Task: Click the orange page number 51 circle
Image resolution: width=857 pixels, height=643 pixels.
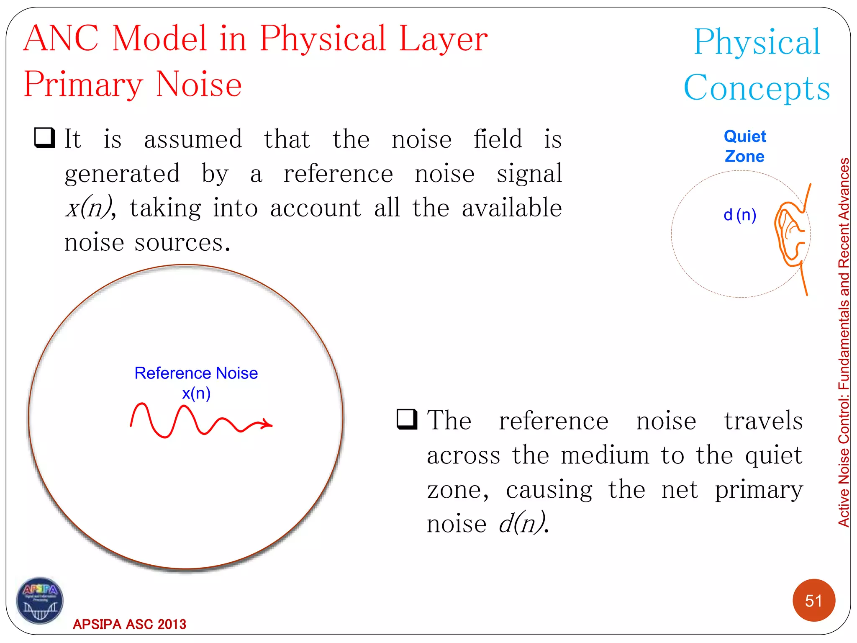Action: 813,600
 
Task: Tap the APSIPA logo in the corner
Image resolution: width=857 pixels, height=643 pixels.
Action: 40,601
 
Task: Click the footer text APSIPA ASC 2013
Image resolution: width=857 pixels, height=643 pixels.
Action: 129,624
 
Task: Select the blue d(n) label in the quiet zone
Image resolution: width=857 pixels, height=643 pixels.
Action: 740,215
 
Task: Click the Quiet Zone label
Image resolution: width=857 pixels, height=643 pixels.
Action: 745,146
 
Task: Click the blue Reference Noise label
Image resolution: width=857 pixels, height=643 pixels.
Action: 196,373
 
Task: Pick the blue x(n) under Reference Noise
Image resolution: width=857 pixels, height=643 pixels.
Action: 196,394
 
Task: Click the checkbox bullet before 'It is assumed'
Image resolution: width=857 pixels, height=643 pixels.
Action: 45,138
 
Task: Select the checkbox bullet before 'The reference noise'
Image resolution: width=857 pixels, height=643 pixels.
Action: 407,419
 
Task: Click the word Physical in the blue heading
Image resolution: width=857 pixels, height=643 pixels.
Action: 757,42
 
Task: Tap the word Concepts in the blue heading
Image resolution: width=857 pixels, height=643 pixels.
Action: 757,88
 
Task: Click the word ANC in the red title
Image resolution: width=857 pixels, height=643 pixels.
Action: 61,39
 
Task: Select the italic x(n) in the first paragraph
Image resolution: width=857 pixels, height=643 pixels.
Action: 89,208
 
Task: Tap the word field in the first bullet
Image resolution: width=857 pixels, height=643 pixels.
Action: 498,139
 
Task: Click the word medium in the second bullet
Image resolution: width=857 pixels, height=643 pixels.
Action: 605,455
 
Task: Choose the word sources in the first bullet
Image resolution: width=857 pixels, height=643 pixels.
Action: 182,243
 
